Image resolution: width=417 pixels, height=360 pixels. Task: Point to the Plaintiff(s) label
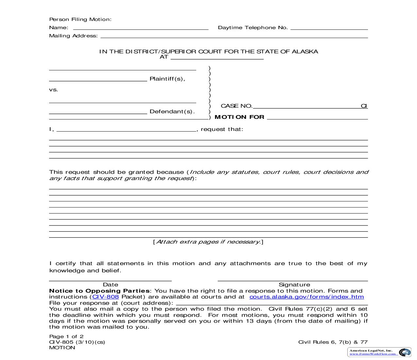[167, 79]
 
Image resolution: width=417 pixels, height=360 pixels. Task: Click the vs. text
[54, 90]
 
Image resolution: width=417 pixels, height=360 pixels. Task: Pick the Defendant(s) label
[172, 112]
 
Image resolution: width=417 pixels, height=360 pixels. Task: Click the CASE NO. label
[236, 106]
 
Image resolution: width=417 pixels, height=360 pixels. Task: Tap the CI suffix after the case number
[364, 106]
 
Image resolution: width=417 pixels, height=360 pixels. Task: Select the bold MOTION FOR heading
[239, 117]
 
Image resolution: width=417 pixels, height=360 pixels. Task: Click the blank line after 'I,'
[126, 130]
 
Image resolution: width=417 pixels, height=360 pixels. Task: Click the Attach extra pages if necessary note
[208, 242]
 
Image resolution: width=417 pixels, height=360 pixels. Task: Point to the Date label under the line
[111, 284]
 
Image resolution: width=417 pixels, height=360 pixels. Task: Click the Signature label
[294, 284]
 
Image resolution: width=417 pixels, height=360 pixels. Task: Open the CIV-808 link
[105, 297]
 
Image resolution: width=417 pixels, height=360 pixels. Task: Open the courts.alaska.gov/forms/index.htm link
[306, 297]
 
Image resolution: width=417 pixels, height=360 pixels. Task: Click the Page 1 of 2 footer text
[66, 336]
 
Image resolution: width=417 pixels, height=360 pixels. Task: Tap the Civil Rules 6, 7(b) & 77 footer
[333, 342]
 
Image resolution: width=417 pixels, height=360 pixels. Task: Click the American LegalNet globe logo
[405, 352]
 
